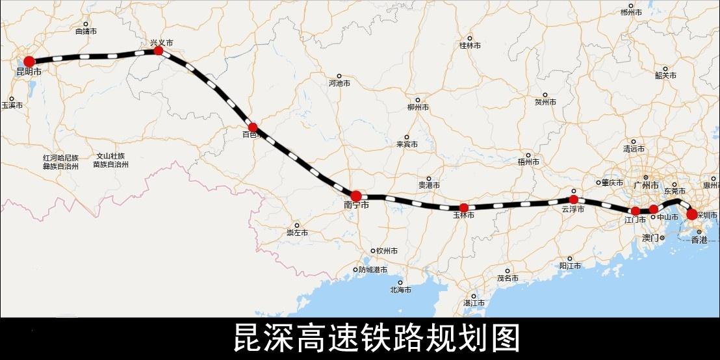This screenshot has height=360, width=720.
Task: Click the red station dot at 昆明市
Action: coord(29,61)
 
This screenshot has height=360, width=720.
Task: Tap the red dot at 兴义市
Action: coord(158,50)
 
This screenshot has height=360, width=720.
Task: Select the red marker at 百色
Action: coord(253,127)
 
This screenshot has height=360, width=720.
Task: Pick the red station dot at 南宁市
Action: coord(356,196)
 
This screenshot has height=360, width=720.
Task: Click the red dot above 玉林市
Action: coord(463,207)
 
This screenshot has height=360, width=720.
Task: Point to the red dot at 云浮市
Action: coord(573,199)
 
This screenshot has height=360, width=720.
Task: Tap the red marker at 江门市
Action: coord(636,211)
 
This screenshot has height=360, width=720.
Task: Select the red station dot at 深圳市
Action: coord(692,214)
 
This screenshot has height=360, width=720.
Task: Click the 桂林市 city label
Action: coord(470,45)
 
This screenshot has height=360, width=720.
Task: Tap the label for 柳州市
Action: coord(418,107)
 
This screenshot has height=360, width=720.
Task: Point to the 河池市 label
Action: coord(340,83)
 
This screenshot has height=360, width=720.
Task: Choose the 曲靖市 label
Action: coord(86,31)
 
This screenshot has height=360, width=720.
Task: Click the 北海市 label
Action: coord(401,290)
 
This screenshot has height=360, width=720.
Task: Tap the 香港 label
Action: coord(699,239)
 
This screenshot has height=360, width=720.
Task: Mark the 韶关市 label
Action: coord(666,75)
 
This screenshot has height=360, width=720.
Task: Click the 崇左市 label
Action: coord(297,233)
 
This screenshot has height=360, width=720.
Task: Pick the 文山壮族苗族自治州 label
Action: coord(110,161)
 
